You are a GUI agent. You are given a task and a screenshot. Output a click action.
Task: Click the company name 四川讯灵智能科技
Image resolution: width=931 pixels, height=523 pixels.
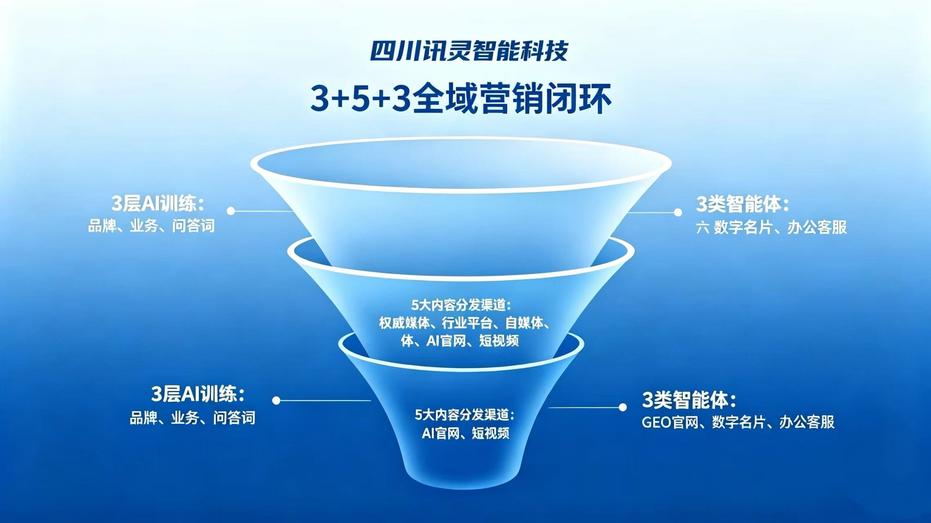pos(469,51)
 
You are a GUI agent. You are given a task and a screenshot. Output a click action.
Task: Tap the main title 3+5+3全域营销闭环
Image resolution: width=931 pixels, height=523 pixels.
pos(461,99)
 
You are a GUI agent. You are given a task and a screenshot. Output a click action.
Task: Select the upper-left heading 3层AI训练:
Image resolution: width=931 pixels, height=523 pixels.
pos(158,203)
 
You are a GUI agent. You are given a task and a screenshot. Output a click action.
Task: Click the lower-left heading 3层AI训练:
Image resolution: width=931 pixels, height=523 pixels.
pos(198,394)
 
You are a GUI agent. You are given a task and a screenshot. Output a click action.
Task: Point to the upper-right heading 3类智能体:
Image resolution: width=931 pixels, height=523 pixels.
pos(742,204)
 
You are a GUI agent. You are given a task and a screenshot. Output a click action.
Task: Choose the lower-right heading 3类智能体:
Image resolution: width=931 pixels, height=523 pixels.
pos(689,400)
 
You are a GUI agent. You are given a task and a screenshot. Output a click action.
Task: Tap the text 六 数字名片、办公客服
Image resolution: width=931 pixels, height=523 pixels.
pos(772,227)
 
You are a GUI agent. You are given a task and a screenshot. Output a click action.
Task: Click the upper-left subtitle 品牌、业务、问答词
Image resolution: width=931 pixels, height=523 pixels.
pos(152,226)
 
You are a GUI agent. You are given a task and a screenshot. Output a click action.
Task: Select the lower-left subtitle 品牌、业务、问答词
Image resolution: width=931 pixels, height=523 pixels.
pos(192,418)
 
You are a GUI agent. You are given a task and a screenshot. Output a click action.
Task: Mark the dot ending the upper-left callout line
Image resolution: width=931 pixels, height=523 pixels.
pos(231,211)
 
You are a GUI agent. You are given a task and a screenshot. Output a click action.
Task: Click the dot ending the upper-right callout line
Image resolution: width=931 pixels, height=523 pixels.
pos(678,212)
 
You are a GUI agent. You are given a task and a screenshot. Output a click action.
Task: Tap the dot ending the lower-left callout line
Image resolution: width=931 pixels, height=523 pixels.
pos(276,400)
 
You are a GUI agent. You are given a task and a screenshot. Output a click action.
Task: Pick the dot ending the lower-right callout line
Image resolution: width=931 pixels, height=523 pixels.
pos(622,407)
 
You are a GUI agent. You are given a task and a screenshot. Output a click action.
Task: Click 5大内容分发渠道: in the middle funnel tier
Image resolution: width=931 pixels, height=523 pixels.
pos(461,305)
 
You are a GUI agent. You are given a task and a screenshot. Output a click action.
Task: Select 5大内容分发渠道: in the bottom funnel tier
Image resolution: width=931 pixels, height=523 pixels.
pos(465,415)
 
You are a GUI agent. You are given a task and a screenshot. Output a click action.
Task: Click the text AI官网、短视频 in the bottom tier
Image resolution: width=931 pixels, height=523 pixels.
pos(465,433)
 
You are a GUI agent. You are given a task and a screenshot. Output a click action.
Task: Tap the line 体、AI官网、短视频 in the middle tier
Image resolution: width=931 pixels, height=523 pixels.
pos(460,340)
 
